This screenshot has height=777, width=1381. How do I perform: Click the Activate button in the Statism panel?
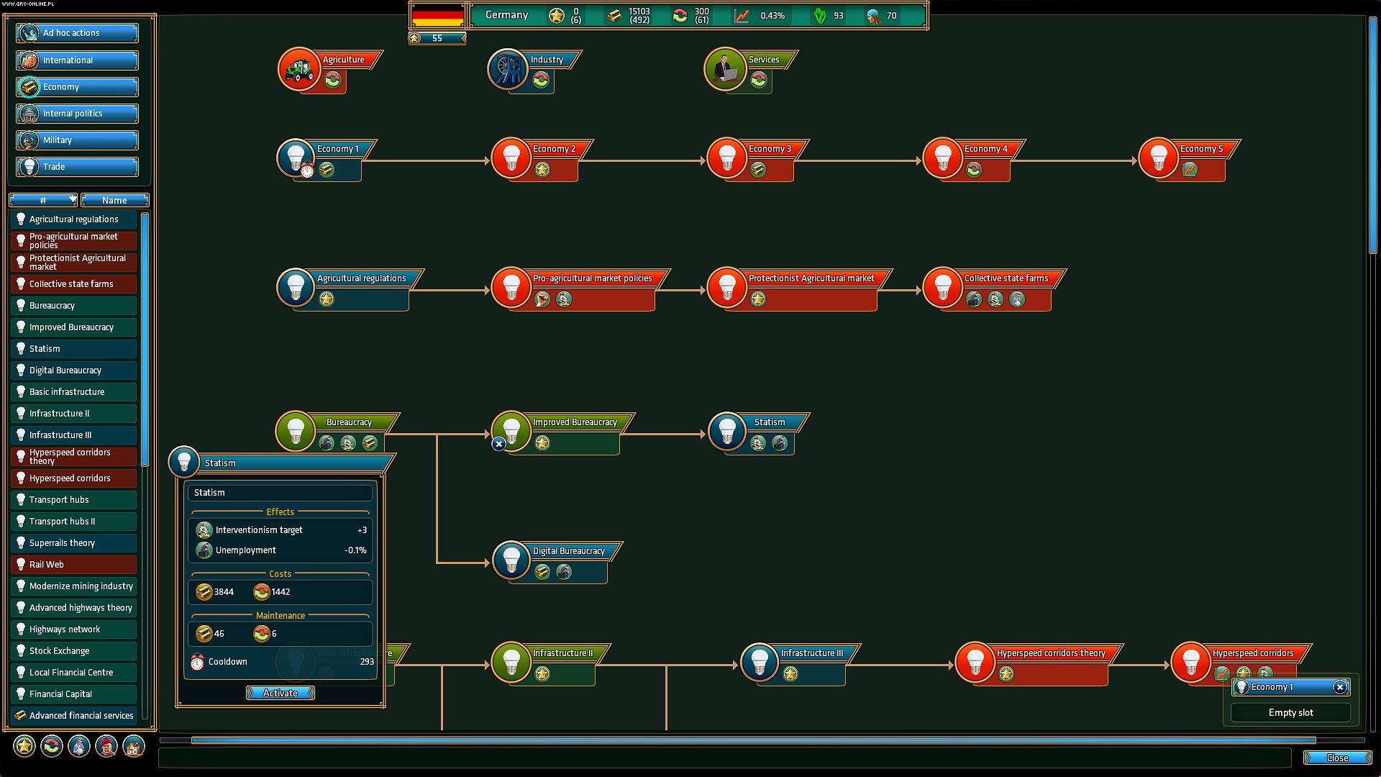[x=280, y=693]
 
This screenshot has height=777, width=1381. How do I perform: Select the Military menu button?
[x=78, y=140]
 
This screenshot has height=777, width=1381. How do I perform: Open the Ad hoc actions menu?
[x=78, y=33]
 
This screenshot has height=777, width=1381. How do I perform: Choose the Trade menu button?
[x=78, y=167]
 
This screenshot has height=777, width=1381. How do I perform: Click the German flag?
[x=437, y=15]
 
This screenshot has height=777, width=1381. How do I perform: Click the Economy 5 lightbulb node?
[x=1158, y=157]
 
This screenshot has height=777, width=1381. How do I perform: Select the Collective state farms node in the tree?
[x=942, y=286]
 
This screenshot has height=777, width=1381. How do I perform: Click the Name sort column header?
[x=114, y=200]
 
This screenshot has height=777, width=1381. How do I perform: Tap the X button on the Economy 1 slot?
[x=1339, y=687]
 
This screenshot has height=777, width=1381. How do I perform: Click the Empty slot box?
[x=1290, y=712]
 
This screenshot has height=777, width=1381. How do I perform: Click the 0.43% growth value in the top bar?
[x=772, y=15]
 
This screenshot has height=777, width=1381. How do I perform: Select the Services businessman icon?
[x=725, y=69]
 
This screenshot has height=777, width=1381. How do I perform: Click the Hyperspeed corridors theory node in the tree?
[x=975, y=661]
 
